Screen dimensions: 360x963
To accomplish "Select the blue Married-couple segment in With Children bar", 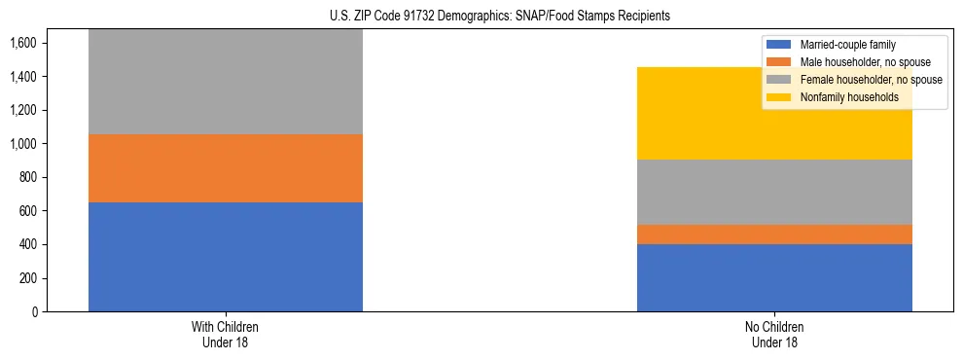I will click(x=226, y=257).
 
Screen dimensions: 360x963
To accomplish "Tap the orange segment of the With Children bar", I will click(x=226, y=168).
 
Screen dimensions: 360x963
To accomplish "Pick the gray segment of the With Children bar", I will click(x=226, y=82).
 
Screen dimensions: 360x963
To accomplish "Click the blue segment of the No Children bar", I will click(x=774, y=277).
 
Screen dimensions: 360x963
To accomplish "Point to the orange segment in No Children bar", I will click(x=774, y=234).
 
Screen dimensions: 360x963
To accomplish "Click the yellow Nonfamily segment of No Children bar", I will click(x=774, y=113).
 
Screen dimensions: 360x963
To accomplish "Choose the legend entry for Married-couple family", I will click(x=847, y=45).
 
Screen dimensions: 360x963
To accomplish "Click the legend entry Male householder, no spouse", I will click(x=859, y=62).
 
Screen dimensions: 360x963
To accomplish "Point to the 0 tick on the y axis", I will click(x=34, y=312).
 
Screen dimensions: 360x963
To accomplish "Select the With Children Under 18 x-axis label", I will click(x=226, y=334).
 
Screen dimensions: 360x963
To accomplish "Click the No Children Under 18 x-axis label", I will click(x=774, y=334).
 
